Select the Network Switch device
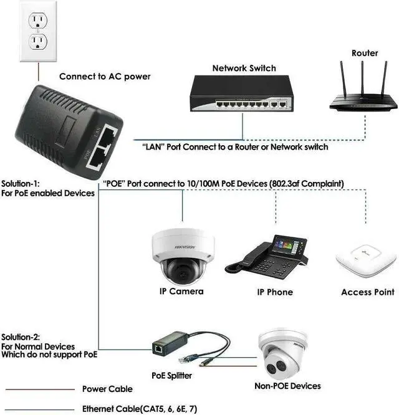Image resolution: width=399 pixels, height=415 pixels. click(x=243, y=97)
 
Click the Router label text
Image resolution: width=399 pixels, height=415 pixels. click(x=365, y=53)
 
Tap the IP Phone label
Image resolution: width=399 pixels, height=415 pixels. click(x=275, y=292)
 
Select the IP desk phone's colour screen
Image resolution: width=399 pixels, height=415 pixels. click(x=291, y=245)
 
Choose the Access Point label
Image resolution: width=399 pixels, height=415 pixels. click(x=368, y=292)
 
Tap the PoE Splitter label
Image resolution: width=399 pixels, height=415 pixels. click(x=172, y=376)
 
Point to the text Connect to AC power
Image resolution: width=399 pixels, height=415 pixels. click(x=105, y=77)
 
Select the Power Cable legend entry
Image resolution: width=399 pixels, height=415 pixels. click(x=107, y=389)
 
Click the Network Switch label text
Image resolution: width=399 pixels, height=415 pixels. click(x=243, y=69)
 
